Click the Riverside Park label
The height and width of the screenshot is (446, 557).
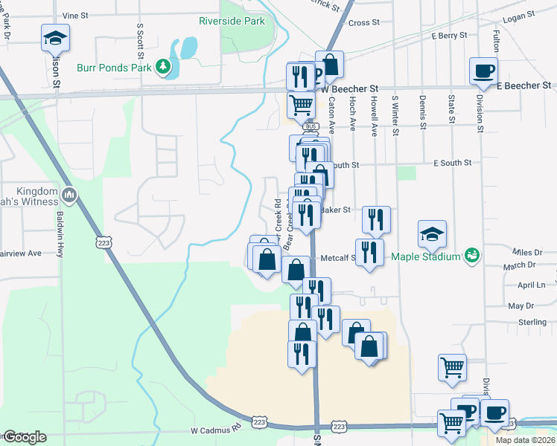click(x=232, y=22)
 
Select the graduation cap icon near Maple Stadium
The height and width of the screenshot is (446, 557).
click(x=432, y=235)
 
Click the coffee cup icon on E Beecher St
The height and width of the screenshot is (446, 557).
click(x=483, y=72)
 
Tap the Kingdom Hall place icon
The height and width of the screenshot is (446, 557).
click(x=69, y=195)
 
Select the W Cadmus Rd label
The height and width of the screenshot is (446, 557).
click(x=216, y=430)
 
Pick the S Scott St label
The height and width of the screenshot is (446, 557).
click(x=139, y=37)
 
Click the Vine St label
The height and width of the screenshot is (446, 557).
click(x=74, y=15)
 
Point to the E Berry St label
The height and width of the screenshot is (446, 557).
click(x=449, y=35)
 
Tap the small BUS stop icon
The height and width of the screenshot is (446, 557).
click(x=311, y=126)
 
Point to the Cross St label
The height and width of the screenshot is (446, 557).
click(x=364, y=23)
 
